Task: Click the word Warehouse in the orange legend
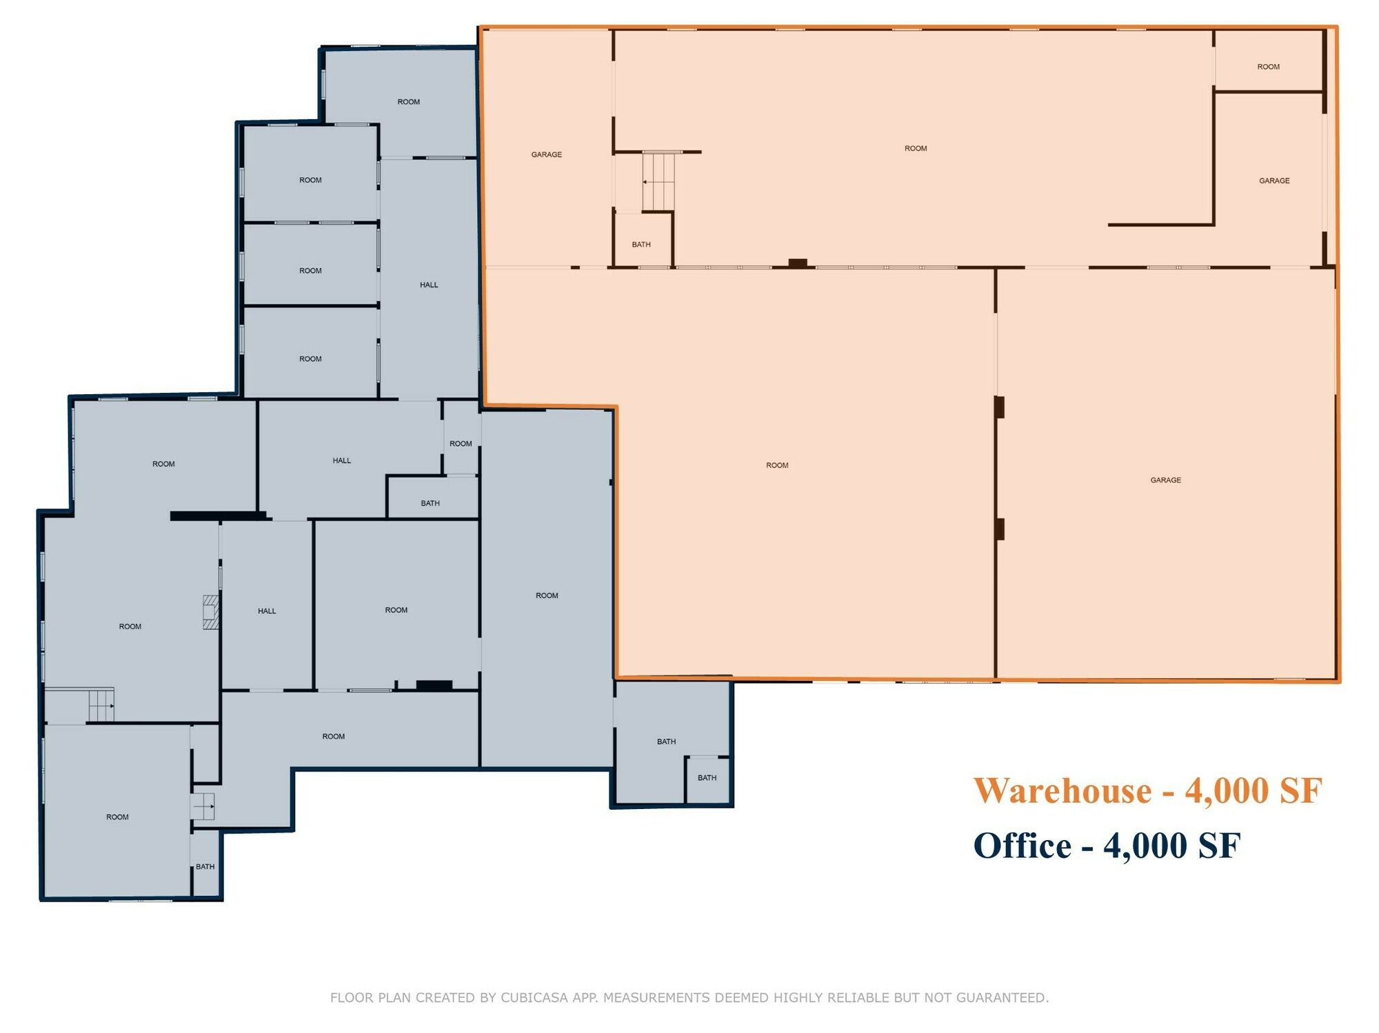(x=1063, y=790)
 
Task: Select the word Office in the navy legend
(x=1023, y=846)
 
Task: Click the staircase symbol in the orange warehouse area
(x=658, y=181)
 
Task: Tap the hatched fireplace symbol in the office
(x=210, y=612)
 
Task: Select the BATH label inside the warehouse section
(x=641, y=245)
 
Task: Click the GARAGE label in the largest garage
(x=1166, y=480)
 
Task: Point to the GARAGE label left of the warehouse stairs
(x=547, y=155)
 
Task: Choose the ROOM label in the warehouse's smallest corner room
(x=1269, y=67)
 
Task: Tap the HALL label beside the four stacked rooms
(x=429, y=285)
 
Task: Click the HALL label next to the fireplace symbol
(x=267, y=611)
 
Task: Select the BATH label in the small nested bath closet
(x=707, y=778)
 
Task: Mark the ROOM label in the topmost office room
(x=409, y=102)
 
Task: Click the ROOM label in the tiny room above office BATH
(x=461, y=444)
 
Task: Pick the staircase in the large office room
(x=101, y=705)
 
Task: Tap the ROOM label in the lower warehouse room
(x=777, y=466)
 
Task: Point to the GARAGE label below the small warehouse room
(x=1274, y=181)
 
